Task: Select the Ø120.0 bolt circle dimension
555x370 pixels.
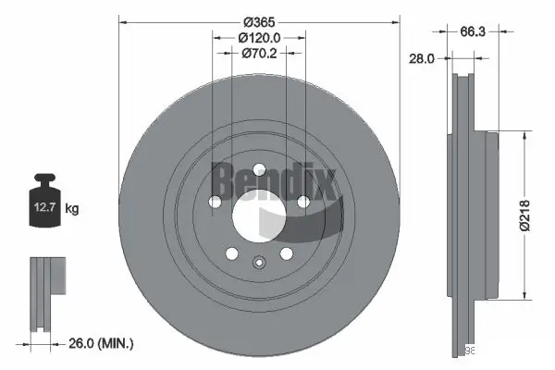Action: (259, 37)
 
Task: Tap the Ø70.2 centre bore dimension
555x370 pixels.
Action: (259, 53)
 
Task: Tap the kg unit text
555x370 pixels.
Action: (73, 209)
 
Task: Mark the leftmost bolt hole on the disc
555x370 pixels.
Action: (215, 203)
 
